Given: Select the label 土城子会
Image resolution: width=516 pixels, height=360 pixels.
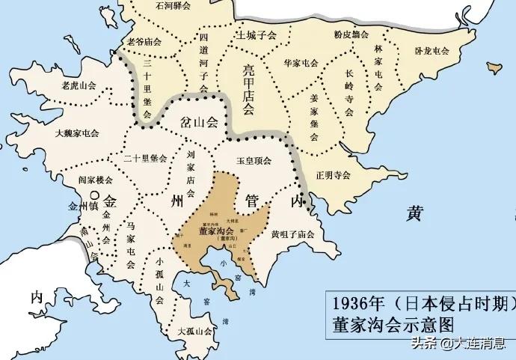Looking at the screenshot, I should point(257,35).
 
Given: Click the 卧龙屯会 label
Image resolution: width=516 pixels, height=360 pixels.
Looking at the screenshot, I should point(431,51).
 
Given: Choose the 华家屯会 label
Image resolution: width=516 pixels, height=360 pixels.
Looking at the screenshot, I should point(301,64).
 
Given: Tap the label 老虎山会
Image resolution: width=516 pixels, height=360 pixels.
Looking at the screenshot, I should point(77,85).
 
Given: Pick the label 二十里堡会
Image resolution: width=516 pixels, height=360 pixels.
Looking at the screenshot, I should point(146,159).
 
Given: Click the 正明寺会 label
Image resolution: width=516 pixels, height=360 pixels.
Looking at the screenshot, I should point(334,177).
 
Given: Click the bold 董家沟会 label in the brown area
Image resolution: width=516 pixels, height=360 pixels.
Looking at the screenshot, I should point(215,231).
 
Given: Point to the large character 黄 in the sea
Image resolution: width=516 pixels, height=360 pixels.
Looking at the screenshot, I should point(415,213).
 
